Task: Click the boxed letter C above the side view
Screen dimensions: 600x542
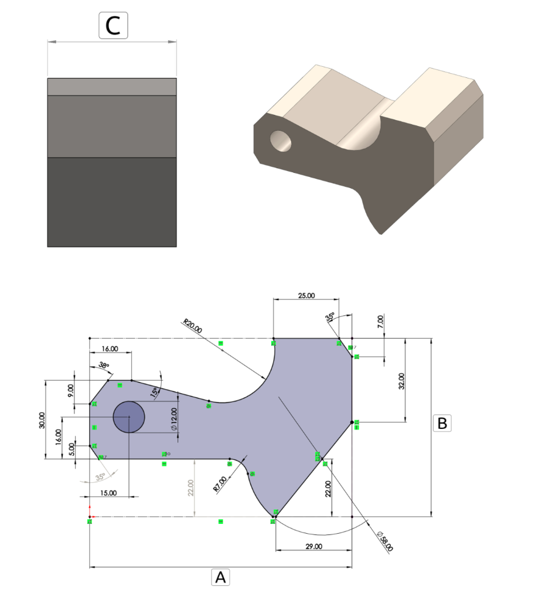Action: coord(113,26)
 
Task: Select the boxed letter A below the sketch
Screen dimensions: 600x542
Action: coord(220,578)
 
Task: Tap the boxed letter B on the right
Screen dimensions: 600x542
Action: coord(442,422)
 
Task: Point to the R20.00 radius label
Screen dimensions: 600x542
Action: coord(192,326)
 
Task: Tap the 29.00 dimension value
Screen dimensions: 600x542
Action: coord(313,546)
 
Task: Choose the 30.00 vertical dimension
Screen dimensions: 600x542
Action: coord(40,420)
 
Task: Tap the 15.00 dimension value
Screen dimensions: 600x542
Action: coord(109,493)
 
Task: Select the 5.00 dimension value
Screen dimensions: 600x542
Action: coord(71,449)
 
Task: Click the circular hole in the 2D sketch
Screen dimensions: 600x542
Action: coord(128,417)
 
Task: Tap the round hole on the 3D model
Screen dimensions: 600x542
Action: coord(281,141)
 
